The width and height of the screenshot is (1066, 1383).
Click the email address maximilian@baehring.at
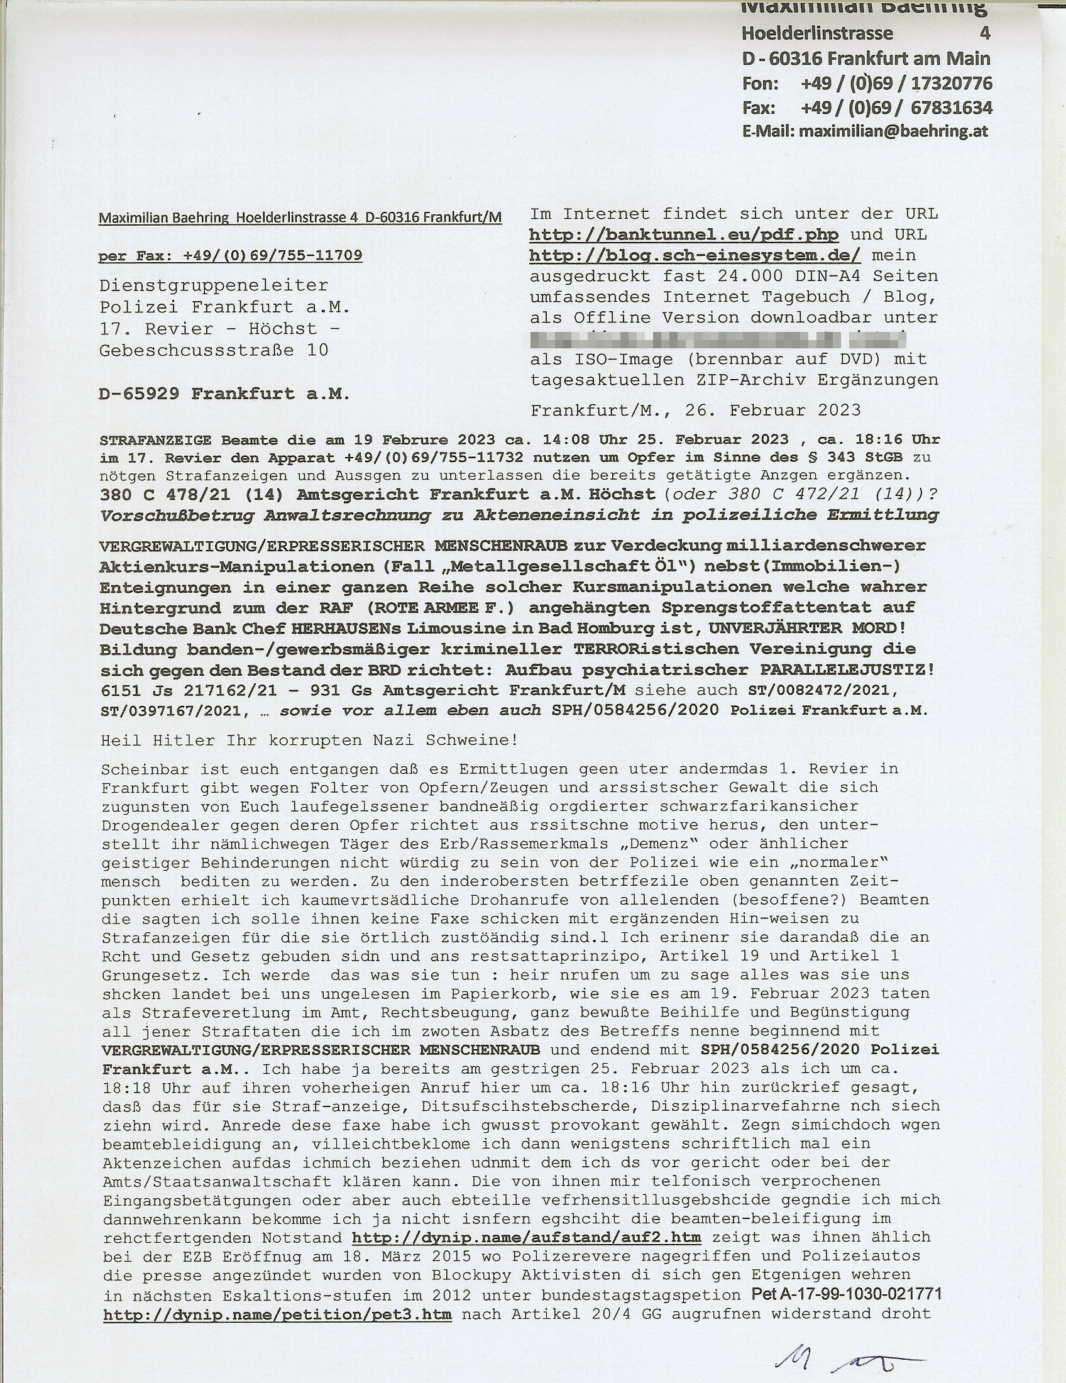pos(893,132)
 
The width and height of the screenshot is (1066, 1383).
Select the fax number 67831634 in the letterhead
pos(952,107)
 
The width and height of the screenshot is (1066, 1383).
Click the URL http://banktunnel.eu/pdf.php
pos(684,235)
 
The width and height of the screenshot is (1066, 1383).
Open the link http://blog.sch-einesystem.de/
pos(695,256)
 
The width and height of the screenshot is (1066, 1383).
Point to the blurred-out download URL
pos(718,339)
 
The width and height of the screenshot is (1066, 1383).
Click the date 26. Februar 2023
pos(772,410)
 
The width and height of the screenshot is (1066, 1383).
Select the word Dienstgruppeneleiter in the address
pos(213,285)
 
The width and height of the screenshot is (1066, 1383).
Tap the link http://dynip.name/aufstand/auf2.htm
pos(526,1237)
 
